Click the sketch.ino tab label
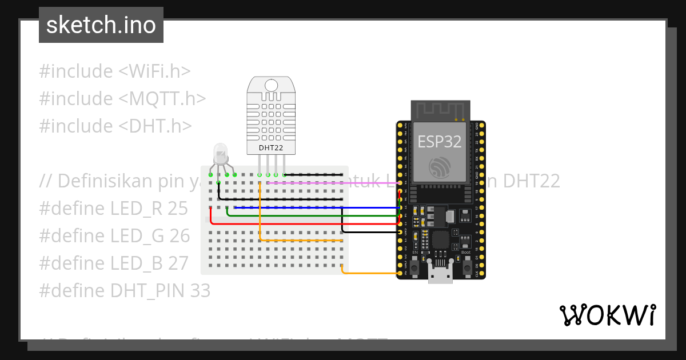click(101, 25)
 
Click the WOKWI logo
click(607, 315)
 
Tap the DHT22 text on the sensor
click(270, 147)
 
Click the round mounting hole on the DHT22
click(271, 86)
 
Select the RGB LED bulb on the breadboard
click(220, 153)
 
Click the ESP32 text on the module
click(439, 141)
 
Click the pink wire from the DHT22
click(332, 183)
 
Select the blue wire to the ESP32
click(314, 207)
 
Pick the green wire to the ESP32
click(314, 216)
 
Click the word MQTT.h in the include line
click(167, 98)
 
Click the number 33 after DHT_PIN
click(200, 291)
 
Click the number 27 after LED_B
click(178, 263)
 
